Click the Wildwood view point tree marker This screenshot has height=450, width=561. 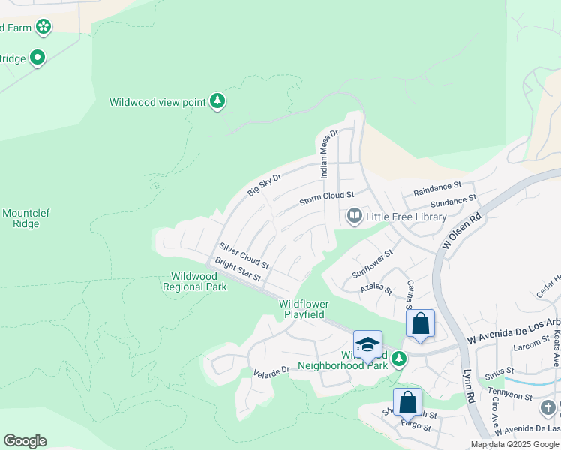217,101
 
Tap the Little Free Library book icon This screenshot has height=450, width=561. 353,217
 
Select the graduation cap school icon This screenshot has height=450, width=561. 367,345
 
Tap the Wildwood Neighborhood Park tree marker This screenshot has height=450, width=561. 400,359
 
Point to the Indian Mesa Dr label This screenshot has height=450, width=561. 328,153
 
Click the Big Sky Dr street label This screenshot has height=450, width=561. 264,184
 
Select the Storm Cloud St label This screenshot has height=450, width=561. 326,198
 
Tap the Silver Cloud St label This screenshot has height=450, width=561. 244,255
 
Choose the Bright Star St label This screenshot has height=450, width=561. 238,270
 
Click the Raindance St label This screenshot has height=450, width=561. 436,187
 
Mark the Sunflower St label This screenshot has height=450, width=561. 373,264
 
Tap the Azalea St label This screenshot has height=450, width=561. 375,288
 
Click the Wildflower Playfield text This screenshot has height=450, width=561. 301,309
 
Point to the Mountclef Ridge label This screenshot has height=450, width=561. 25,218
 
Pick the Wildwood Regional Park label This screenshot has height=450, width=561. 194,281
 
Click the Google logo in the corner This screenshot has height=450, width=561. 25,441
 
